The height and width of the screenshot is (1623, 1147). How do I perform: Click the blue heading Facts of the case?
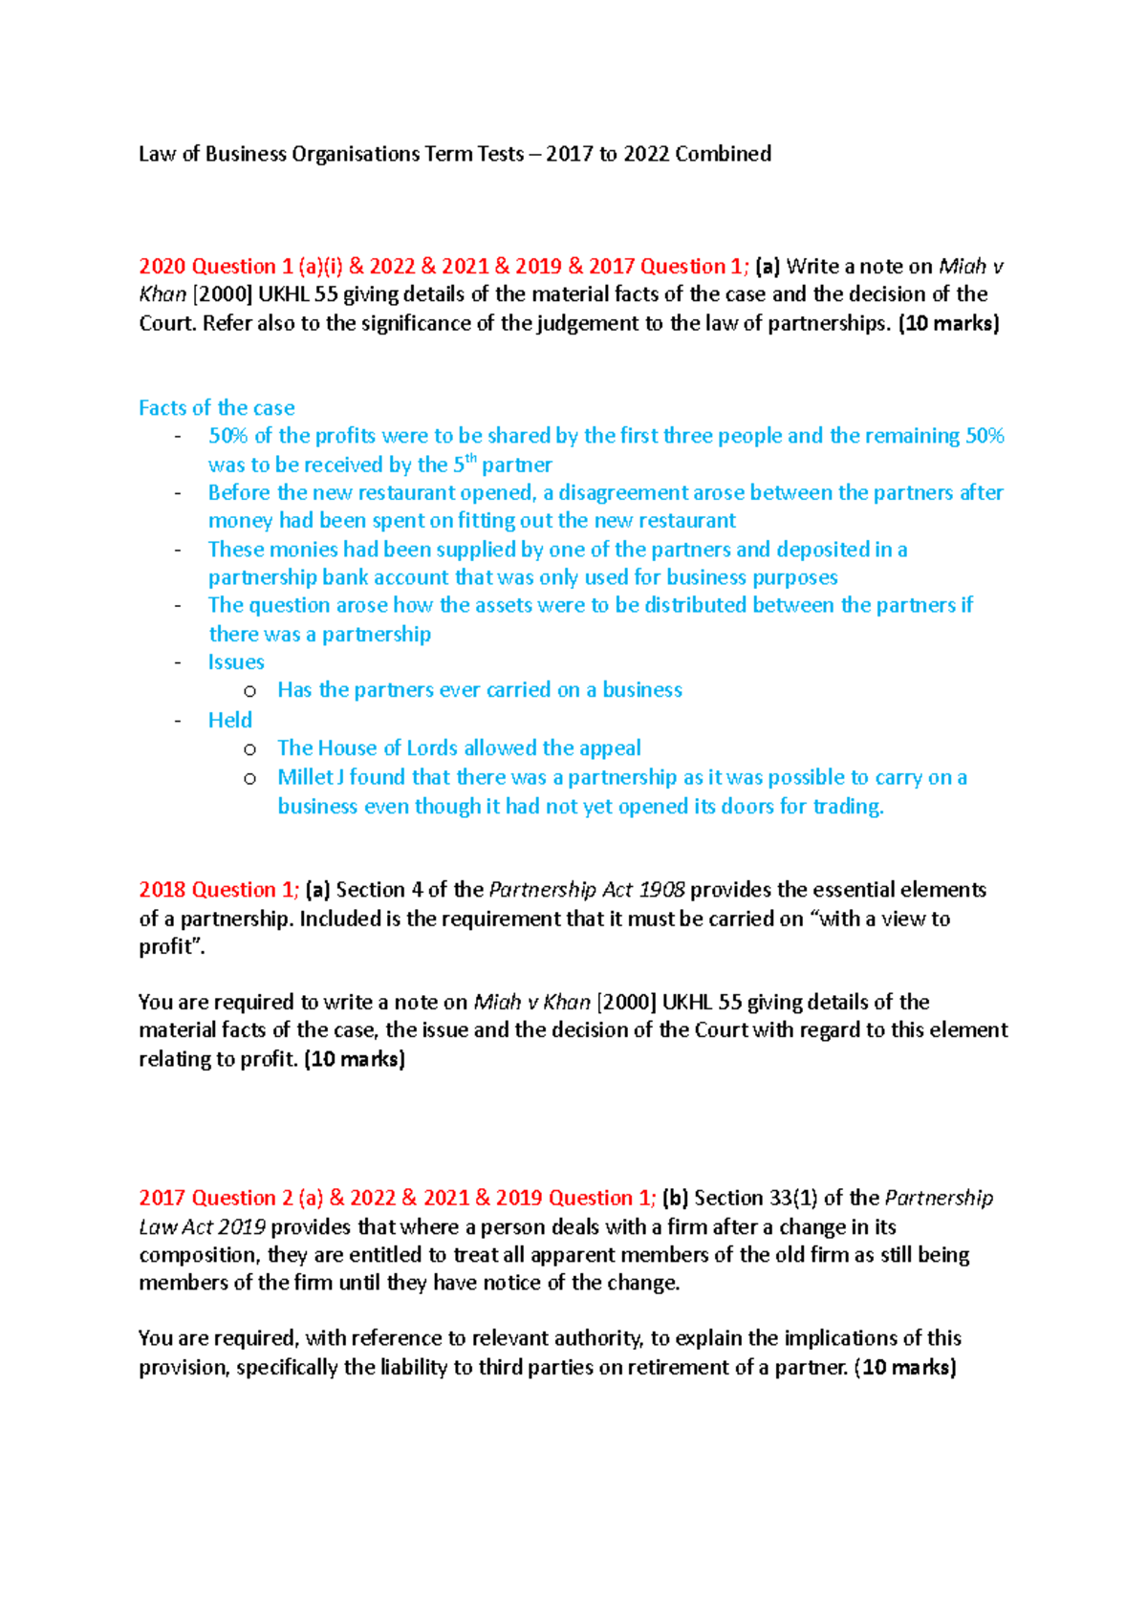pos(216,408)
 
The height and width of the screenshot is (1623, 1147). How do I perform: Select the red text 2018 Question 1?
pos(219,890)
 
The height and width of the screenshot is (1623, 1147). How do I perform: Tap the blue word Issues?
pos(236,662)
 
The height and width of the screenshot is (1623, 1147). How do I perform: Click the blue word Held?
pos(230,720)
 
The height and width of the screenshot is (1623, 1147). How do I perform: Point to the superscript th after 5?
pos(470,459)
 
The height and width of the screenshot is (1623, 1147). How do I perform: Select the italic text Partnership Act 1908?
pos(587,890)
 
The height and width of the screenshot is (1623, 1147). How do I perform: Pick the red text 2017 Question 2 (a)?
pos(230,1199)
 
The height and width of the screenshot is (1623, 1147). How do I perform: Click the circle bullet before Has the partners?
pos(250,691)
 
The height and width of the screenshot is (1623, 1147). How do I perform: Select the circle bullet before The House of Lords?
pos(250,749)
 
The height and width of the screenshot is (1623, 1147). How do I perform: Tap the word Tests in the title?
pos(501,154)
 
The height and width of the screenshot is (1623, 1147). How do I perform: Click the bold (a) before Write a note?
pos(768,267)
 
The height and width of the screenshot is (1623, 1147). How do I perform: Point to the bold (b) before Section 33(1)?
pos(675,1199)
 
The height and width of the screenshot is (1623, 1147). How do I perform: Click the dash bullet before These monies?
pos(178,550)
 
